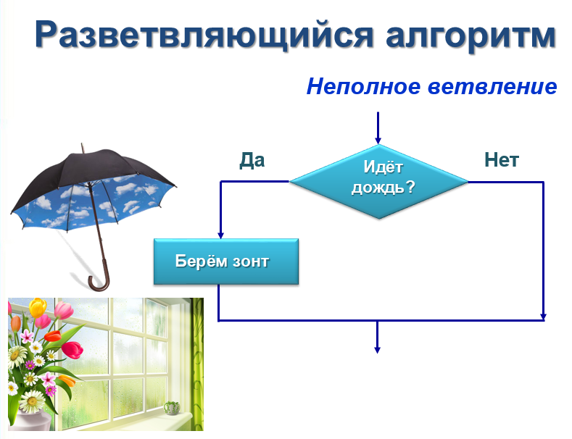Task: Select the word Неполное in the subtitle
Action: [x=364, y=86]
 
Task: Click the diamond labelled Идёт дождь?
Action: [x=378, y=182]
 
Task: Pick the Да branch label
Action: [x=252, y=160]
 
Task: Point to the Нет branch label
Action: [x=502, y=159]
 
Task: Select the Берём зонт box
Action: [x=226, y=262]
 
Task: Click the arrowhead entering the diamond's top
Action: [x=378, y=141]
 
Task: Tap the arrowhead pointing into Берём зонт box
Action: [x=220, y=235]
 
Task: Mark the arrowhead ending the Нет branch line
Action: [x=543, y=317]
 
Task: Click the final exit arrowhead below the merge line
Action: [x=377, y=349]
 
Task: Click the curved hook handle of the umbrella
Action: [x=100, y=282]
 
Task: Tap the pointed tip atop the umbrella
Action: [x=82, y=145]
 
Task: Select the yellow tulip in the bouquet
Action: [x=38, y=307]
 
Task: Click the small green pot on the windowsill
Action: [x=171, y=408]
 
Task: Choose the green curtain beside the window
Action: [x=197, y=364]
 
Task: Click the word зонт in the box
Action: [x=251, y=262]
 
